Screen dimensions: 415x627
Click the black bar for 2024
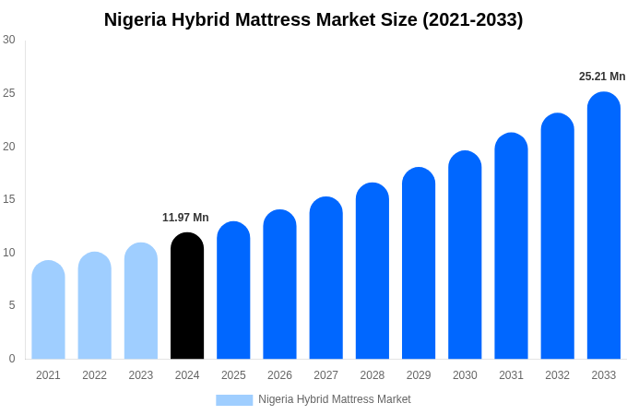tap(187, 296)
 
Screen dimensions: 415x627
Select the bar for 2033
tap(603, 226)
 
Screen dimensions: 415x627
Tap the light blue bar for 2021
tap(48, 310)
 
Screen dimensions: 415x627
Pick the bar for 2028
tap(372, 271)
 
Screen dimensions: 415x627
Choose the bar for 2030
tap(465, 255)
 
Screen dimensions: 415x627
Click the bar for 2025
tap(233, 290)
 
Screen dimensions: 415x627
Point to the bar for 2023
tap(141, 302)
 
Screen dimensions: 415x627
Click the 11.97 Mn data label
tap(185, 218)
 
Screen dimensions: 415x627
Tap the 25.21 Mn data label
tap(602, 77)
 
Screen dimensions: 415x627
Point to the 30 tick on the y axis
tap(9, 40)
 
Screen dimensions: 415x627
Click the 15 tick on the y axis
tap(9, 199)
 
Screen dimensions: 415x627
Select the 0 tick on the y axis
tap(12, 359)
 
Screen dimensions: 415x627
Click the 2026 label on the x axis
tap(279, 375)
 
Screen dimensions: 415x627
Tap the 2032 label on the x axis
tap(557, 375)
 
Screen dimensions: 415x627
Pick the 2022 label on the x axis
tap(94, 375)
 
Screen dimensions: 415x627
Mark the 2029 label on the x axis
tap(419, 375)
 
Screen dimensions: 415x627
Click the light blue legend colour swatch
tap(234, 400)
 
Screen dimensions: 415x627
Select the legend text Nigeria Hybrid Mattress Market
tap(335, 399)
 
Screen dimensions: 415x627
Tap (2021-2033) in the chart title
tap(472, 19)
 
